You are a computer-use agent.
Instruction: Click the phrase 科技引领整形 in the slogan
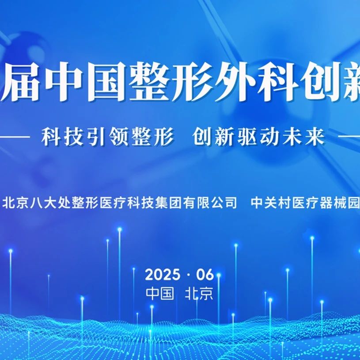coord(107,137)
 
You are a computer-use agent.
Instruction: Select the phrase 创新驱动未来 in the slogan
coord(259,137)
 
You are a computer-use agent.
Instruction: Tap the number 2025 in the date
coord(163,275)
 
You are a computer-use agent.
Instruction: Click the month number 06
coord(205,275)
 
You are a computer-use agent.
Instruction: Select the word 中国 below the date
coord(160,293)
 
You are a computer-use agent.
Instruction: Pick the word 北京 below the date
coord(199,293)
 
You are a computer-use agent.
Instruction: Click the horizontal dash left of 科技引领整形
coord(15,137)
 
